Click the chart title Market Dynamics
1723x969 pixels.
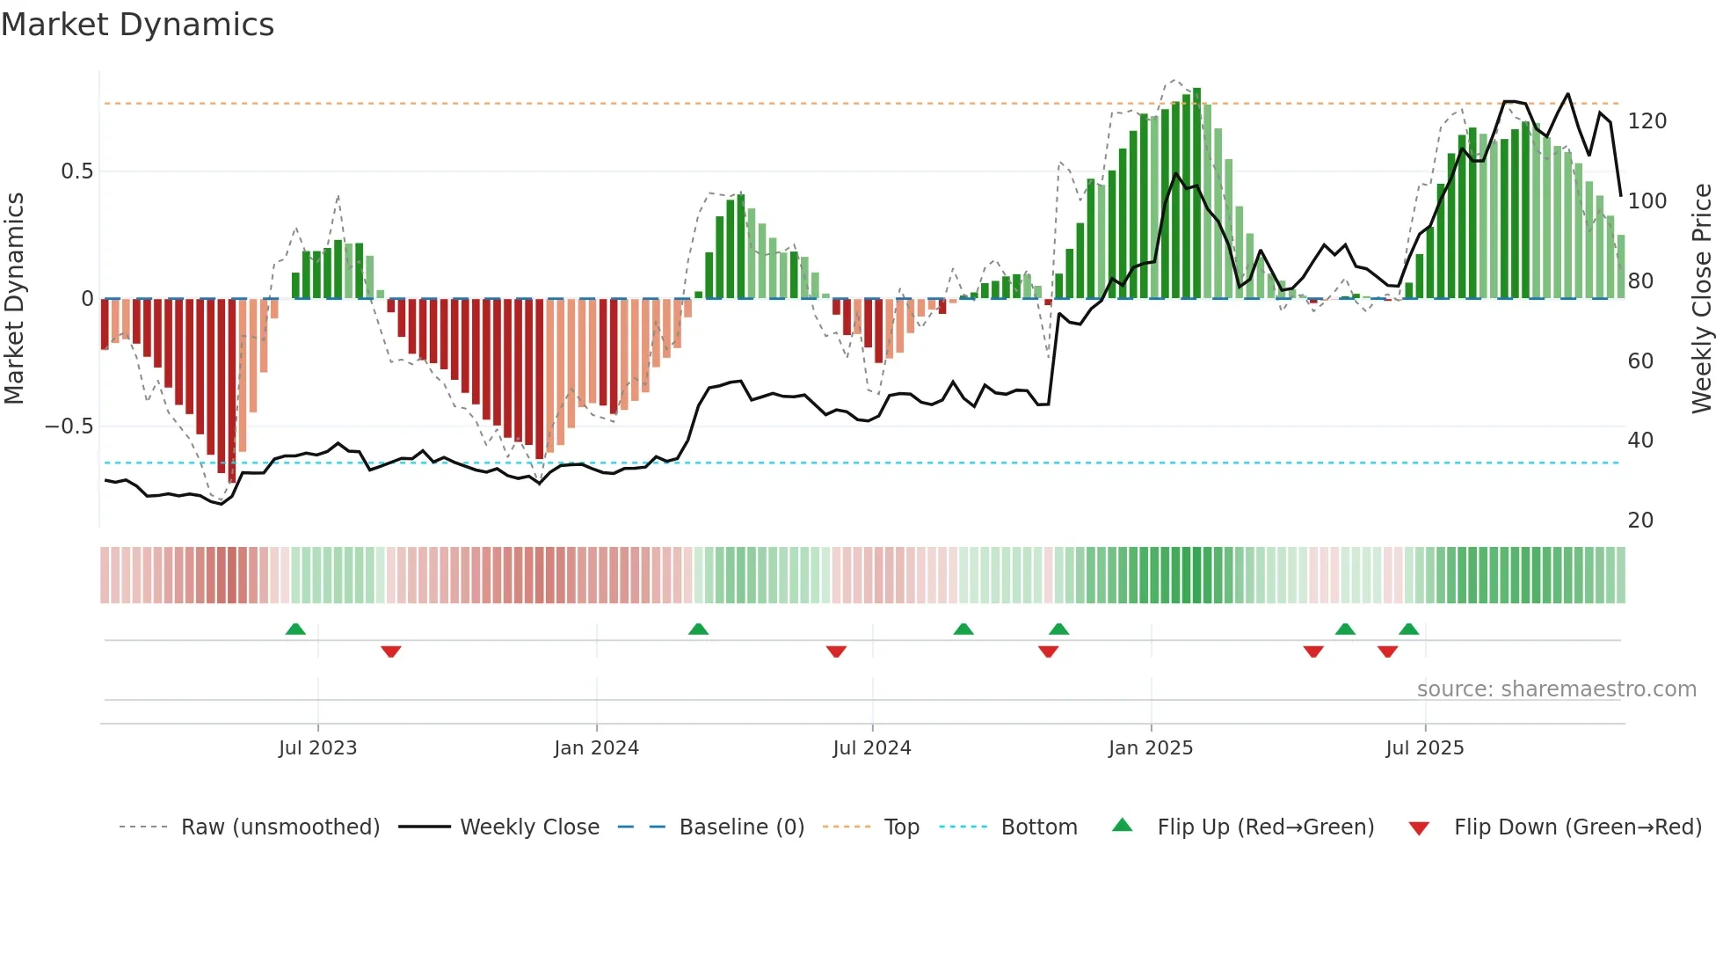(x=137, y=25)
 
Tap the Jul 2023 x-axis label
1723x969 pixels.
(x=317, y=748)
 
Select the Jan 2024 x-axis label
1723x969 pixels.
(x=596, y=748)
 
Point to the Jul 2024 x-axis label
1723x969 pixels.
(x=871, y=748)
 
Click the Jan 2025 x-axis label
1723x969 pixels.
(x=1150, y=748)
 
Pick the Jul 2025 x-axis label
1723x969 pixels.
(x=1424, y=748)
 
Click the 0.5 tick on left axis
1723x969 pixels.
(x=76, y=171)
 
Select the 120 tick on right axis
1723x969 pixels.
(x=1647, y=121)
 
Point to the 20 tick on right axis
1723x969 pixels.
(x=1640, y=521)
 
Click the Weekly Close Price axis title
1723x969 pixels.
(x=1702, y=299)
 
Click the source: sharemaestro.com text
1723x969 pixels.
(x=1556, y=689)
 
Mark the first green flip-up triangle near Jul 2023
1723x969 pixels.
(x=295, y=630)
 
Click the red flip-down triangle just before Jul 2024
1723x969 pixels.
(x=836, y=652)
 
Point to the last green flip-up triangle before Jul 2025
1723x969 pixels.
(x=1408, y=630)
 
